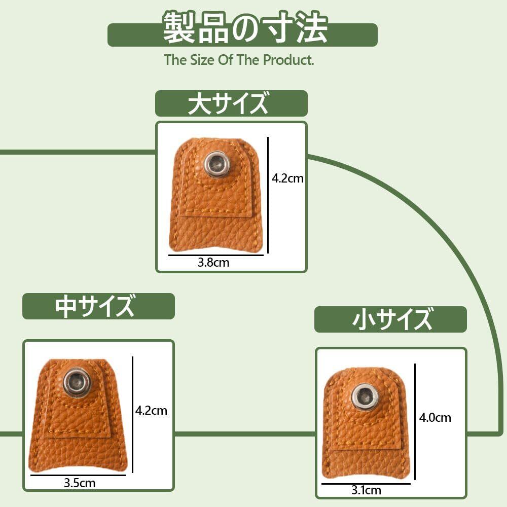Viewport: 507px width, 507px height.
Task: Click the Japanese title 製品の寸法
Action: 245,28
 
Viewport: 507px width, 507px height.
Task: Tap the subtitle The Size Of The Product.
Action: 239,60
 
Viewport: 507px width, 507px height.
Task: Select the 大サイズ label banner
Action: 231,103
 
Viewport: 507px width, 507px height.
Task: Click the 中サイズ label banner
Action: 99,306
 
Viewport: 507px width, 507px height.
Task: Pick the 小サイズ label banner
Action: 390,319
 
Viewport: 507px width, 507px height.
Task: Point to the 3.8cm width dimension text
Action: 213,263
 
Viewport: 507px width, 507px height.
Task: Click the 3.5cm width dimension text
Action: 80,483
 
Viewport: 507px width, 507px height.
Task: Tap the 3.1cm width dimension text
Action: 366,490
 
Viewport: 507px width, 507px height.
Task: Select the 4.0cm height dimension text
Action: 435,417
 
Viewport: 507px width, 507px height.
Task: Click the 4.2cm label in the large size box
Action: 287,178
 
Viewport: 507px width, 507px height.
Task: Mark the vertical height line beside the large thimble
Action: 268,195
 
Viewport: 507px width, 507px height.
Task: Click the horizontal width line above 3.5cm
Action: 78,475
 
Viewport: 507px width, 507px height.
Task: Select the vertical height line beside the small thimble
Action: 415,422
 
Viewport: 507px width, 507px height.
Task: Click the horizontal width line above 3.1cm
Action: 366,484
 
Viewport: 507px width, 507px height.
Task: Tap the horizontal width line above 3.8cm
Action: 215,255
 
